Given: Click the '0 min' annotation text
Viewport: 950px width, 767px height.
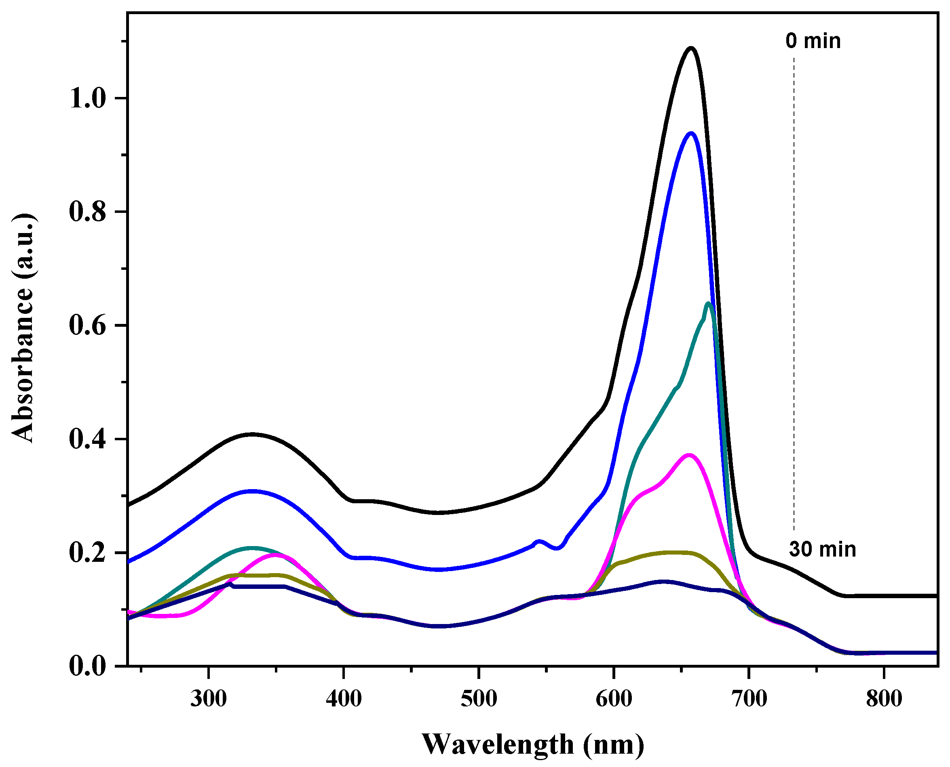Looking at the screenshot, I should coord(813,41).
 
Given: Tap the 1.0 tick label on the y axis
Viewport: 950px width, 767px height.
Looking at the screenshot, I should coord(88,99).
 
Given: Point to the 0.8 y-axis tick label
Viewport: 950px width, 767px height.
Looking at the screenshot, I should coord(88,212).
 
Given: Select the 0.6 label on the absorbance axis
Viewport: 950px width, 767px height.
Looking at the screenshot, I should coord(88,326).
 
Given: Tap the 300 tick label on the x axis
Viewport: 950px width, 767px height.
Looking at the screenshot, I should coord(208,700).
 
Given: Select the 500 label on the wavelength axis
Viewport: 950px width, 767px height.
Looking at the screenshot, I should coord(479,700).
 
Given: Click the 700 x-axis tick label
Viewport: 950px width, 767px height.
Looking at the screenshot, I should coord(749,700).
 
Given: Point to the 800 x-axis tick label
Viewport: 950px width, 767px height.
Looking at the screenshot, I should coord(884,700).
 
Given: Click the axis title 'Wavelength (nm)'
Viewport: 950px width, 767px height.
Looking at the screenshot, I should coord(532,744).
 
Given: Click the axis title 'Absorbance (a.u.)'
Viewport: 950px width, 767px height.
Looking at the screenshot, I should coord(22,328).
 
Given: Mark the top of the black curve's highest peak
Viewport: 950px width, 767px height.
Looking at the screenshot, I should coord(690,48).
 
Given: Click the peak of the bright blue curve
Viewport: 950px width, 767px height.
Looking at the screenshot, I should coord(690,133).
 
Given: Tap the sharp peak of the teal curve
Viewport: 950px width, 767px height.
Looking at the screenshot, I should coord(709,303).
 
